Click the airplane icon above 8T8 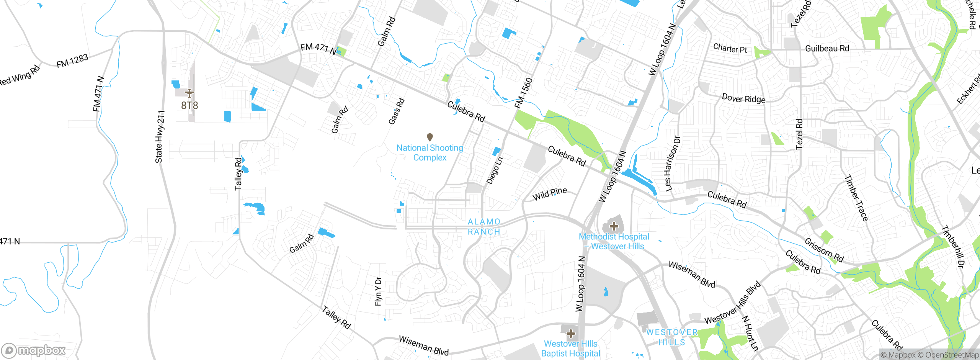coord(189,93)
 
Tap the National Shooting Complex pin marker coord(430,137)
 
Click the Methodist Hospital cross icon coord(614,226)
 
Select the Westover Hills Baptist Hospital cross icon coord(571,333)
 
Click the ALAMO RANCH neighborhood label coord(484,227)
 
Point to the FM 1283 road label coord(72,61)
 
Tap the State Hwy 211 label coord(160,137)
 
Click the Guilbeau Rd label coord(827,49)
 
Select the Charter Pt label coord(730,49)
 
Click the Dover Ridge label coord(743,99)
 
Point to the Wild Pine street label coord(550,194)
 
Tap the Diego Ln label coord(495,170)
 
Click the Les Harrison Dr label coord(672,164)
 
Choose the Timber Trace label coord(856,198)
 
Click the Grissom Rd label coord(824,250)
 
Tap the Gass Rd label coord(396,111)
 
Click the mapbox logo coord(34,350)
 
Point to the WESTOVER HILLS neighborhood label coord(672,337)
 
